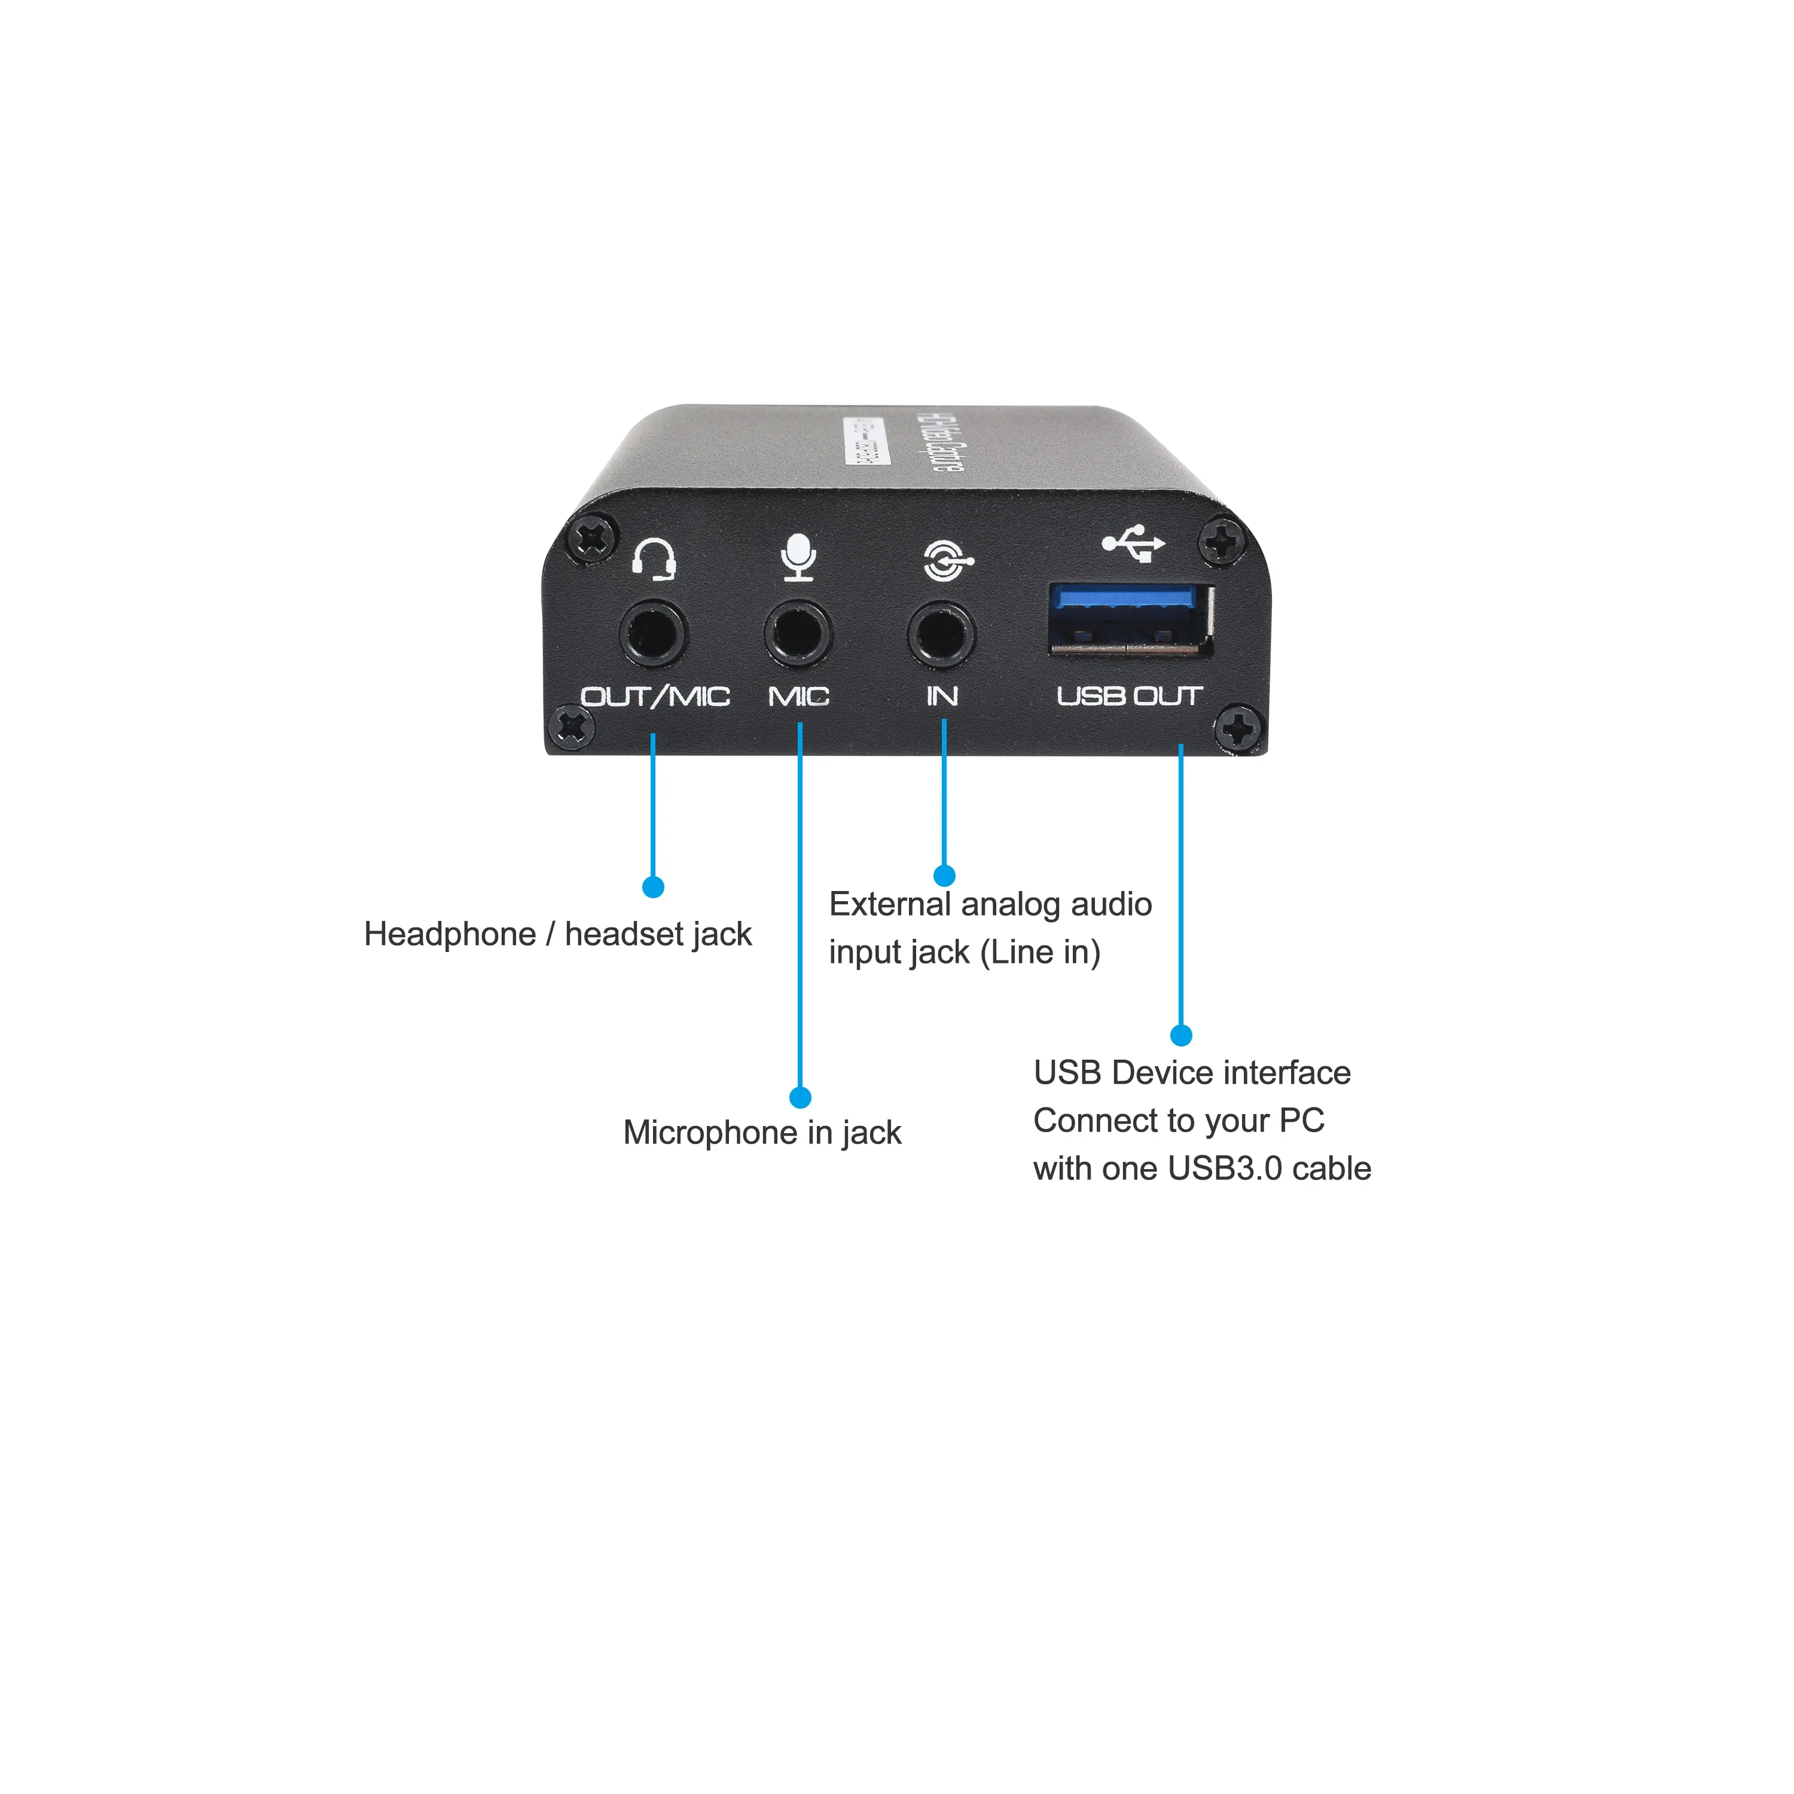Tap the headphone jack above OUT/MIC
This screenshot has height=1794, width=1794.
click(653, 634)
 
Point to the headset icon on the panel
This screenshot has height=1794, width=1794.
click(654, 559)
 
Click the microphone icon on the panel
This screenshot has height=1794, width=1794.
click(798, 557)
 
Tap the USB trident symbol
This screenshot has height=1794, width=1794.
click(1134, 543)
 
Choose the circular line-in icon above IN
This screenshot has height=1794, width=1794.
click(947, 560)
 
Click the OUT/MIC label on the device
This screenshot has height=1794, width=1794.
click(655, 697)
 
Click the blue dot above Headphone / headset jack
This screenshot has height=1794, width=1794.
click(653, 887)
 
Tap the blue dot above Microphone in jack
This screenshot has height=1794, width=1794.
click(800, 1097)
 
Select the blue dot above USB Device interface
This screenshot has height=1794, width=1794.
click(1180, 1035)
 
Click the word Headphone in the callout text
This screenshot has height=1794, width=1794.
click(450, 934)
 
